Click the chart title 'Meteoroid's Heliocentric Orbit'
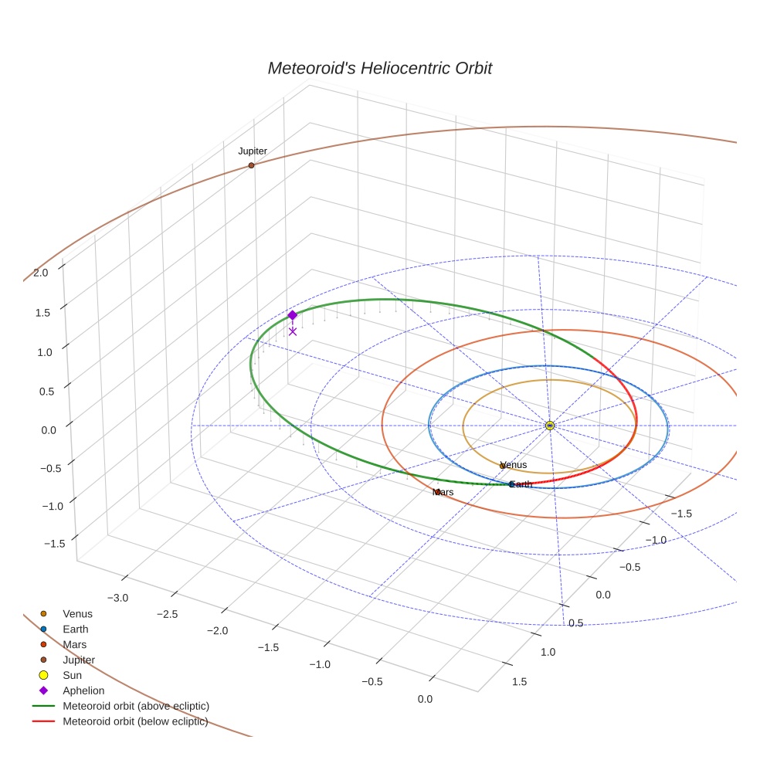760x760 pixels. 379,68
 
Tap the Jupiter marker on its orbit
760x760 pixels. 252,165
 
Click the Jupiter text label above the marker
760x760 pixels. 253,151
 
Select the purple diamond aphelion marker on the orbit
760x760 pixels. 292,315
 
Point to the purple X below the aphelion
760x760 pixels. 293,331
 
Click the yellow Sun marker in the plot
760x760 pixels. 550,426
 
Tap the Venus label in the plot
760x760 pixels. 514,465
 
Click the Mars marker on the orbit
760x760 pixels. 437,492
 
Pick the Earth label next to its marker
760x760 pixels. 521,484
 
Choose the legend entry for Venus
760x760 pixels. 77,613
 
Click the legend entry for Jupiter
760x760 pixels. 79,660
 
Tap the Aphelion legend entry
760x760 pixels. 83,690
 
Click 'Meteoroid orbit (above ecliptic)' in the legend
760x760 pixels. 136,706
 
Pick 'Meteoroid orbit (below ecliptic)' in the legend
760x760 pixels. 135,721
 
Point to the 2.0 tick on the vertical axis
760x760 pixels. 41,272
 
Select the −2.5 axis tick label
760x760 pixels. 168,614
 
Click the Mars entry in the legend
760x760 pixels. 74,644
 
